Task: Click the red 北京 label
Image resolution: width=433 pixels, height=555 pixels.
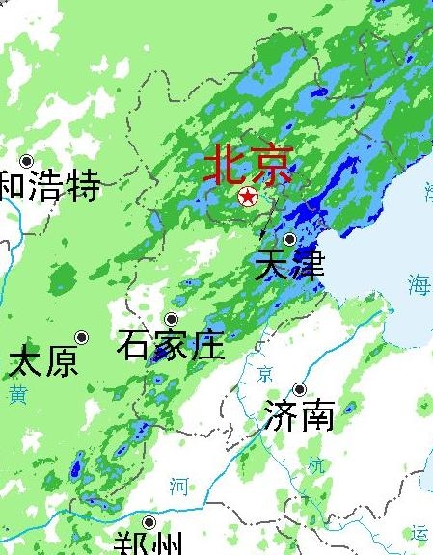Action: point(247,165)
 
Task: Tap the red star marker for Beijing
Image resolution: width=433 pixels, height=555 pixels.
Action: point(248,198)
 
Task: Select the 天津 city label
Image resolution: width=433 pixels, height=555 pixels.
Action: point(289,264)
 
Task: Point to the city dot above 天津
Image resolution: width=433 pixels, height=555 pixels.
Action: point(290,239)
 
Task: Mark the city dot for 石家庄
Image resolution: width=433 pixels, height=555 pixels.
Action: point(172,319)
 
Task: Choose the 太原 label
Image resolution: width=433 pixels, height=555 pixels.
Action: point(43,362)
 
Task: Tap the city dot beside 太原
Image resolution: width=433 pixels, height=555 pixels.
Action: point(82,337)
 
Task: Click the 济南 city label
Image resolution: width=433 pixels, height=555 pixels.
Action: point(299,415)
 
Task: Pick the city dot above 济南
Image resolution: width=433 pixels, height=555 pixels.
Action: point(300,389)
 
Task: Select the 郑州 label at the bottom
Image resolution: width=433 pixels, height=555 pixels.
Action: point(147,542)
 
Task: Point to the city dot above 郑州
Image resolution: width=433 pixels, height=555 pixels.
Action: point(149,522)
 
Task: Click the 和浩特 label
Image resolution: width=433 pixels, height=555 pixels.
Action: point(50,185)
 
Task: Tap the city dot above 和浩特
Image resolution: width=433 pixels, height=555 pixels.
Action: point(27,161)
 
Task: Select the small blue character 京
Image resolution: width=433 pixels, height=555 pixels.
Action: point(264,374)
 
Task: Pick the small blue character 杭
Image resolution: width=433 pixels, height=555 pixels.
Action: point(315,464)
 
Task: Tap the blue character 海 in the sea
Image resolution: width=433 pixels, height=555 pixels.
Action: point(419,284)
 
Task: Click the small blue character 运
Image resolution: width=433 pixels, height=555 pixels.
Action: point(419,533)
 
